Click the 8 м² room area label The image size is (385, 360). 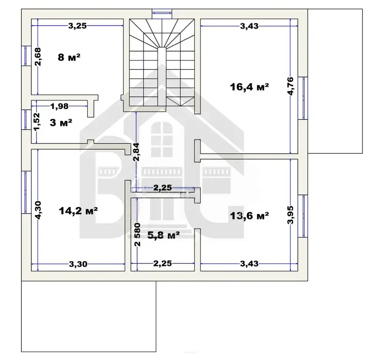click(x=69, y=58)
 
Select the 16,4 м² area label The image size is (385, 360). click(x=249, y=87)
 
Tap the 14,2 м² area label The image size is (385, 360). click(x=78, y=211)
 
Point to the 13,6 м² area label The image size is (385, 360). click(x=249, y=216)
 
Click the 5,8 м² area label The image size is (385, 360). click(x=164, y=235)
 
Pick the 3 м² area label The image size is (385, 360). click(x=61, y=122)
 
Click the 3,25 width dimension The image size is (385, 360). click(x=77, y=26)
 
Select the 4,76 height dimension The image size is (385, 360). click(x=290, y=86)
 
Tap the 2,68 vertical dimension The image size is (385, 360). click(x=38, y=57)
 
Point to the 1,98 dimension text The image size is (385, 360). click(x=60, y=106)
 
